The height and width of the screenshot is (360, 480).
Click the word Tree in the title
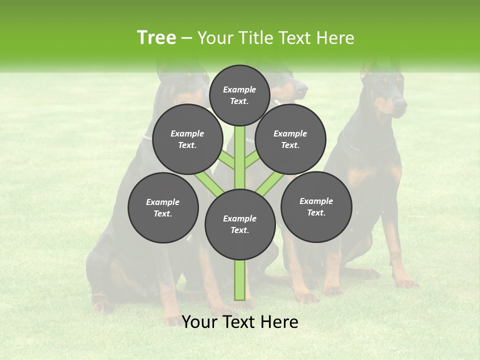156,38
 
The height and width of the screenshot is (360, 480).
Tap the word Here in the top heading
334,38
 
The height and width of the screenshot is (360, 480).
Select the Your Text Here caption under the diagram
239,322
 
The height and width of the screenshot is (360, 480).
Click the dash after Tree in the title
187,38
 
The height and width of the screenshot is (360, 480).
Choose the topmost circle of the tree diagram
239,95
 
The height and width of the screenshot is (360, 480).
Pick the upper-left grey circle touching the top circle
187,139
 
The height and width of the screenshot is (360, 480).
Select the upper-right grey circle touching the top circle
290,139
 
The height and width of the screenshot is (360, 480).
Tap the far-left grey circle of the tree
163,207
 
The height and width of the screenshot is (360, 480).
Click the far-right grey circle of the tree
316,206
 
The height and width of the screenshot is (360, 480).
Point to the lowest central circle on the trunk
240,224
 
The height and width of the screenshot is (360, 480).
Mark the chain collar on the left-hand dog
147,136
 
